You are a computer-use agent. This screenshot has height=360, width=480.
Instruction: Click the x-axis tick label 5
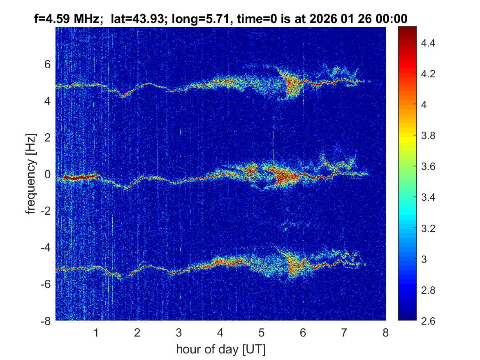261,332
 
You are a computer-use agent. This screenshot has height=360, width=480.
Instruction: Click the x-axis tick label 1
96,332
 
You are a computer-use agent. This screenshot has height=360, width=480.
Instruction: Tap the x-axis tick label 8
385,332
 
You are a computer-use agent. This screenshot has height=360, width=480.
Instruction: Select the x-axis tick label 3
179,332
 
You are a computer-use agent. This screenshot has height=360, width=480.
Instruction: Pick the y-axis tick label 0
48,174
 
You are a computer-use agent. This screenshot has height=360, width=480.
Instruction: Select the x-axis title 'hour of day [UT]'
220,350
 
